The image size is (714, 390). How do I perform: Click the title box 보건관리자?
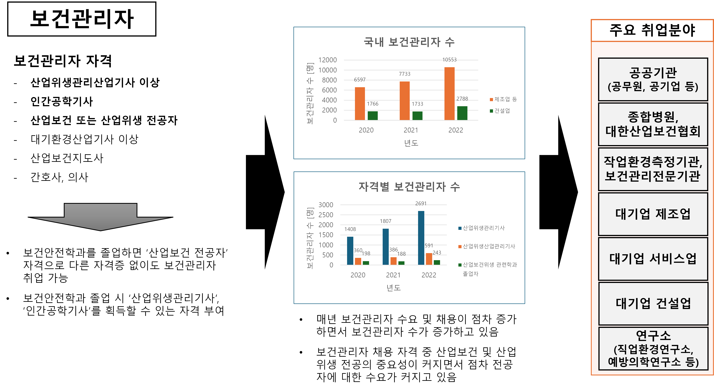(82, 19)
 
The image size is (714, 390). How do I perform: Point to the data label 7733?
(404, 74)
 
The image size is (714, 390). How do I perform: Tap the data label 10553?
(449, 60)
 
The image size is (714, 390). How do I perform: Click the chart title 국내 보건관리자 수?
(409, 42)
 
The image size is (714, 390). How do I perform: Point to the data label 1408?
(350, 229)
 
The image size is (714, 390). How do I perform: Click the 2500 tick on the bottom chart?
(326, 215)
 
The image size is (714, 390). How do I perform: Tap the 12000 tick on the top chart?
(327, 60)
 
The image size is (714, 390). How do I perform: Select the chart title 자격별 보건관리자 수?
(409, 187)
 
